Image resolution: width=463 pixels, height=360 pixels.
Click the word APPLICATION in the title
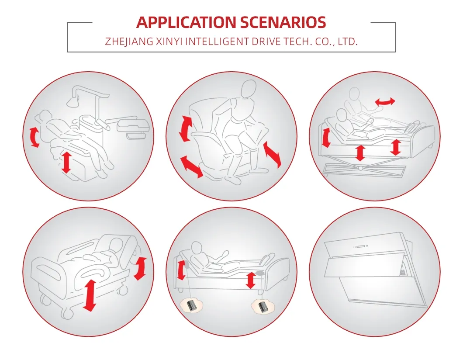coord(186,22)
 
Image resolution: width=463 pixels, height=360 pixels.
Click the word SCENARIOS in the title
coord(283,22)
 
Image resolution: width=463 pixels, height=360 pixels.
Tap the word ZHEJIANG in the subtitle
coord(129,42)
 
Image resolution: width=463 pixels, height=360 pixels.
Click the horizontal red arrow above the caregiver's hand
coord(385,102)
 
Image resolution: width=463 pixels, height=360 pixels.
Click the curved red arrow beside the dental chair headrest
coord(34,137)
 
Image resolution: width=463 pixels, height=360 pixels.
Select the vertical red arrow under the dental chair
coord(66,162)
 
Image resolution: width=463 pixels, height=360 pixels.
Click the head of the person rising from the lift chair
coord(248,89)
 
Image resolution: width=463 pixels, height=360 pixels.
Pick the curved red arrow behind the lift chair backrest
coord(185,128)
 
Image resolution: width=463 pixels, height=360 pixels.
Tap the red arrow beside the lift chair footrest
coord(272,155)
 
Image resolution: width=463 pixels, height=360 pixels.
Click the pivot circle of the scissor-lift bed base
coord(360,168)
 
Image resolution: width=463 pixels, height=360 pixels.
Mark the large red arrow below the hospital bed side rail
coord(89,295)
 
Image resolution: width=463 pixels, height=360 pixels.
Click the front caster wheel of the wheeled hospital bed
coord(67,314)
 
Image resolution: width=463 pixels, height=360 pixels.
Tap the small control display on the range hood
coord(360,246)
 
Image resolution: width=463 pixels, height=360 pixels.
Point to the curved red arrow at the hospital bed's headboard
coord(140,268)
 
